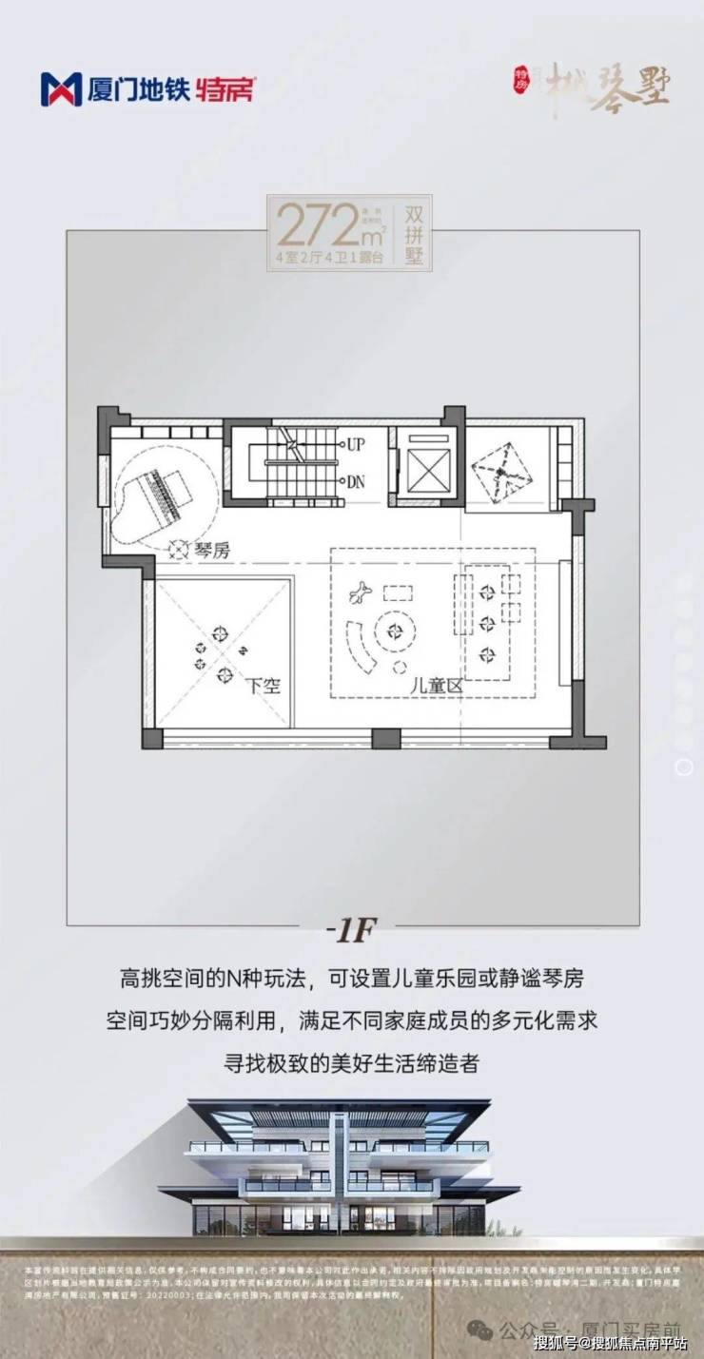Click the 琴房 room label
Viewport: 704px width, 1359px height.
click(211, 549)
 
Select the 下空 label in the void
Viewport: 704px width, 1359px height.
click(263, 685)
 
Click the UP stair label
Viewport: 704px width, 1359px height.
click(356, 444)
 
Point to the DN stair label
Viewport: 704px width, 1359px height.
click(356, 481)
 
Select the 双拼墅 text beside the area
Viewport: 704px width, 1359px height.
click(415, 234)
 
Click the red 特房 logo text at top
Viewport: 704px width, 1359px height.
click(226, 90)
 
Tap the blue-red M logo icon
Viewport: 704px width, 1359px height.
click(61, 89)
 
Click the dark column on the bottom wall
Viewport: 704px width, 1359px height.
click(385, 738)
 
